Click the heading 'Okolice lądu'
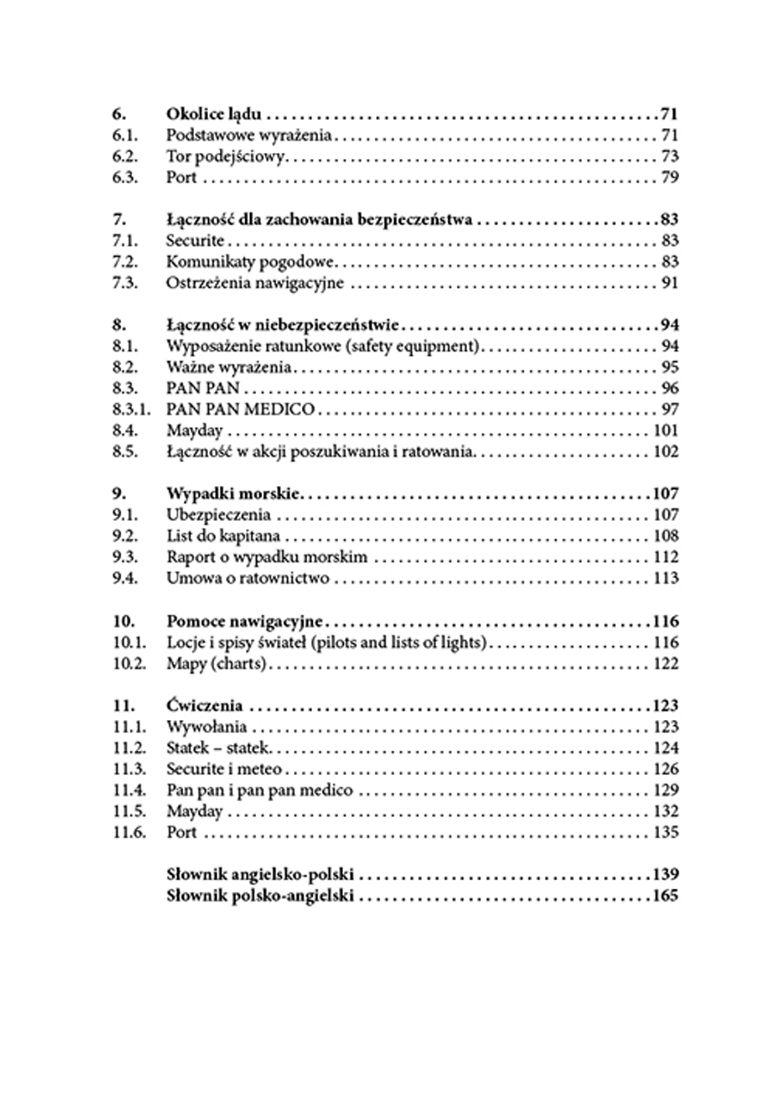(214, 114)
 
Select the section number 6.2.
(125, 157)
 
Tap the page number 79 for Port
(669, 178)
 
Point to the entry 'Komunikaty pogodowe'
(250, 262)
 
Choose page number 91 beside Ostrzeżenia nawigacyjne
(669, 283)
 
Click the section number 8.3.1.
(131, 409)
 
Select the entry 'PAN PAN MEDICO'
(241, 409)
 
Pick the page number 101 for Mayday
(665, 430)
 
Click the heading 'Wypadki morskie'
(233, 494)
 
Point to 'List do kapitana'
(224, 536)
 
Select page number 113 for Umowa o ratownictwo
(665, 578)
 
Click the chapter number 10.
(124, 621)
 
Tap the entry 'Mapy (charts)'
(216, 663)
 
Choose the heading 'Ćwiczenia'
(204, 705)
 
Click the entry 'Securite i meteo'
(224, 769)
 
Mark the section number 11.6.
(130, 832)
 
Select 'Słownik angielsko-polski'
(260, 875)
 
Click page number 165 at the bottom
(665, 896)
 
